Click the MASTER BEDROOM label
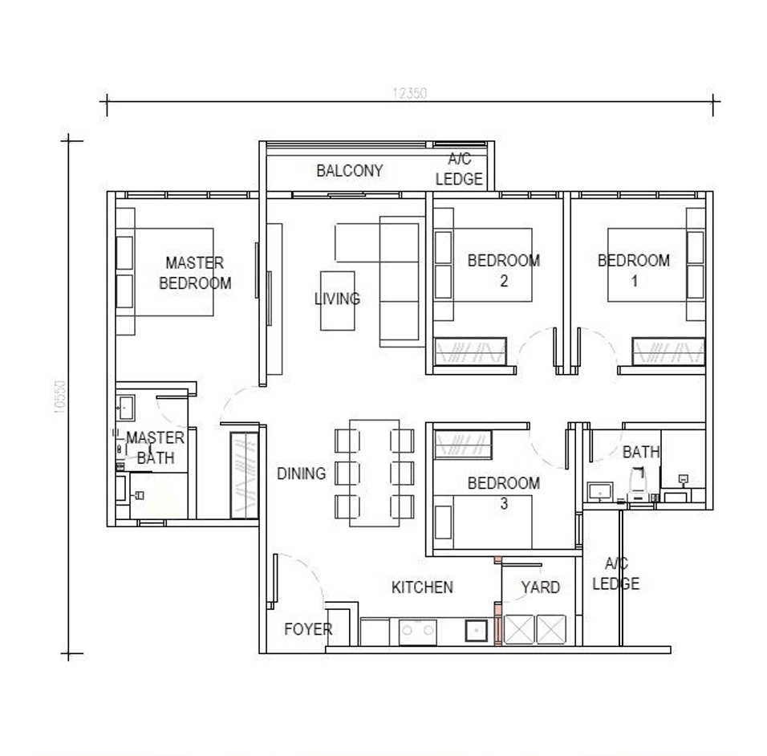click(195, 273)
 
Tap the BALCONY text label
click(349, 171)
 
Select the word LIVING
click(337, 299)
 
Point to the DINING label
click(302, 474)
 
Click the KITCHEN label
click(422, 587)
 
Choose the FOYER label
click(308, 630)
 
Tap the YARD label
click(540, 587)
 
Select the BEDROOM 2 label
click(504, 270)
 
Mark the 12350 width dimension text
click(409, 93)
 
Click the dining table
click(375, 473)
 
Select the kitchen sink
click(477, 632)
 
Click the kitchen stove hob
click(418, 632)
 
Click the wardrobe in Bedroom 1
click(668, 352)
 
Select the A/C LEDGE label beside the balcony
click(459, 170)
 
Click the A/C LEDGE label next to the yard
click(615, 574)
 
